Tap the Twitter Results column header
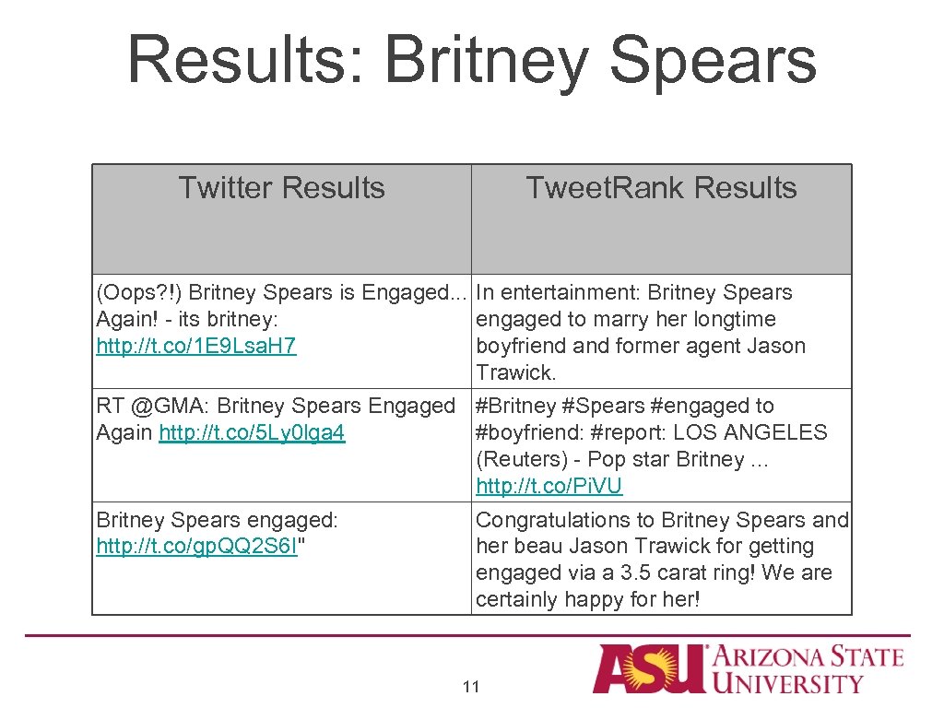pyautogui.click(x=281, y=188)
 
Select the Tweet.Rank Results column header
pyautogui.click(x=661, y=188)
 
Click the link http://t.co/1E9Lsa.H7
pyautogui.click(x=196, y=347)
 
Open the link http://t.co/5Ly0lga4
pyautogui.click(x=252, y=432)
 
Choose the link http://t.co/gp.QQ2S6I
pyautogui.click(x=197, y=547)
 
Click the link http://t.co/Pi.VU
pyautogui.click(x=549, y=486)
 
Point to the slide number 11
pyautogui.click(x=471, y=687)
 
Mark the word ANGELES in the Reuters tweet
pyautogui.click(x=783, y=432)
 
